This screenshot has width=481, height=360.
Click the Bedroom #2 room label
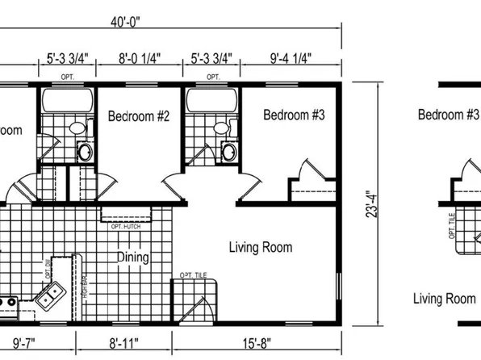pyautogui.click(x=138, y=116)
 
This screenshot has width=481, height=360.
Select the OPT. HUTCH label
pyautogui.click(x=128, y=225)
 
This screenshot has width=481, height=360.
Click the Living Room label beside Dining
pyautogui.click(x=260, y=247)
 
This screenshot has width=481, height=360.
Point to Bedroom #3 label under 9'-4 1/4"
pyautogui.click(x=294, y=115)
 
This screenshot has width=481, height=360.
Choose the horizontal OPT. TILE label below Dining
pyautogui.click(x=193, y=276)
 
